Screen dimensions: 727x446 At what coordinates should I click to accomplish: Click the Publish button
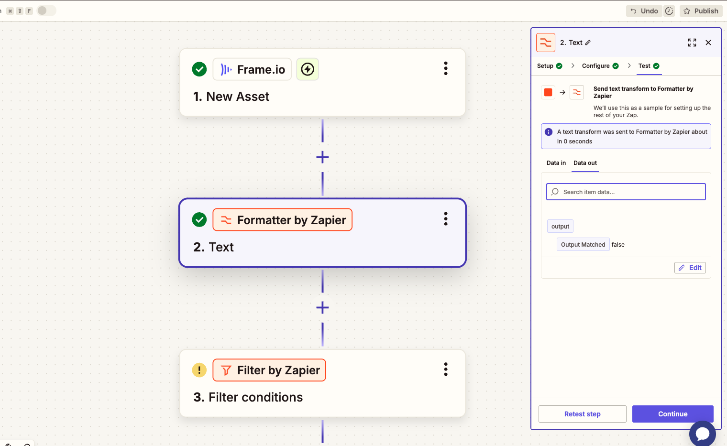(701, 11)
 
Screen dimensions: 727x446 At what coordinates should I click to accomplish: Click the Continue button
(672, 414)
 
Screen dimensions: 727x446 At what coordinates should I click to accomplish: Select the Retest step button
(582, 414)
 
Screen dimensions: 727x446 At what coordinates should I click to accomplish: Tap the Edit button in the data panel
(690, 268)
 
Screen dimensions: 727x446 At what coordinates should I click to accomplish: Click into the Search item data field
(626, 192)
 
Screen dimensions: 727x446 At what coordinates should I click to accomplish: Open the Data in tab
(556, 163)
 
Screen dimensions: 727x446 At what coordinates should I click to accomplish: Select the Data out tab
(585, 163)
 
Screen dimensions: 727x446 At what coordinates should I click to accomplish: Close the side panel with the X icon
(708, 43)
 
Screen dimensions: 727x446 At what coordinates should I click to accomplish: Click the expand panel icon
(692, 43)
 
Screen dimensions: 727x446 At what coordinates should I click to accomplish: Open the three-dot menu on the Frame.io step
(446, 68)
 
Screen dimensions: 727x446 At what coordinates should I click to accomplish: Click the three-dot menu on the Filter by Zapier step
(446, 369)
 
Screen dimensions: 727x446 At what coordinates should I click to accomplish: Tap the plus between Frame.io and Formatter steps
(322, 157)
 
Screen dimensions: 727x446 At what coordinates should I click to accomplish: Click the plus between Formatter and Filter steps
(322, 307)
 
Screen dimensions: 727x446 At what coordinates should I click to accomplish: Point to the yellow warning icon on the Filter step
(199, 370)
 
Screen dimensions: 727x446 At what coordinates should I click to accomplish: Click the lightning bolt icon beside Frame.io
(308, 69)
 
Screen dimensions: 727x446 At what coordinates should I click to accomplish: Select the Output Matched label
(583, 245)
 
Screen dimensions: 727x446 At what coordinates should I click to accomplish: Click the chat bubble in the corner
(702, 434)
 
